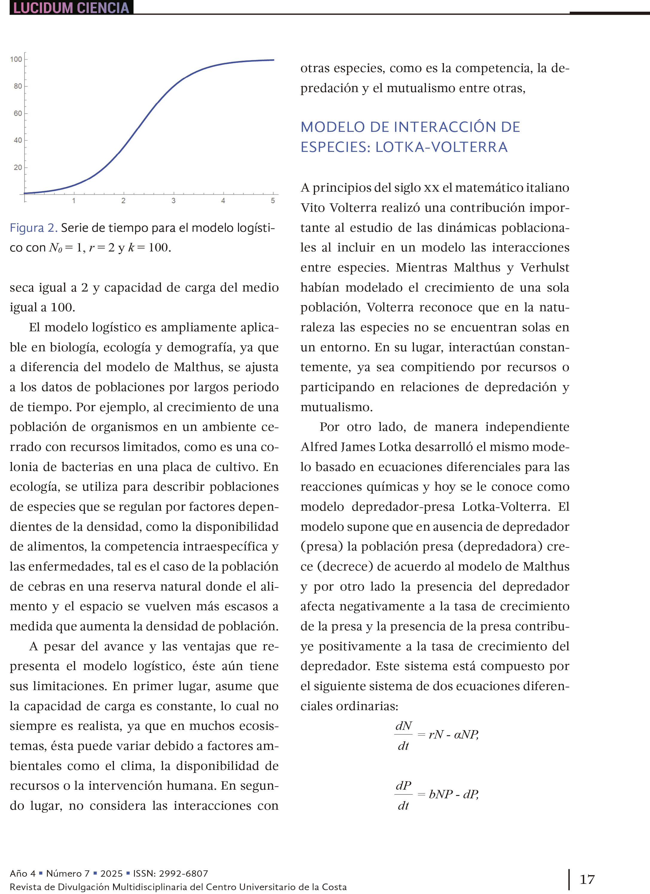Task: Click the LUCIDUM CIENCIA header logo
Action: tap(71, 7)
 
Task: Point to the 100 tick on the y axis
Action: tap(16, 59)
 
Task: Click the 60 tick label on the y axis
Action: tap(18, 113)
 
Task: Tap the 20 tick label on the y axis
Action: tap(18, 167)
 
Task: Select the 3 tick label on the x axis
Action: tap(173, 201)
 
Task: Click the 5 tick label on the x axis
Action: tap(273, 201)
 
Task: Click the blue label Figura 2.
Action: tap(34, 228)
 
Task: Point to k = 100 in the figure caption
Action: tap(149, 248)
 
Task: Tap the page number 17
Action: tap(587, 879)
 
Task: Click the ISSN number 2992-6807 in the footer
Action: tap(183, 873)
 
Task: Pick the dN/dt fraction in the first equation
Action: tap(404, 736)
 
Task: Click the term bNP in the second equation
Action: tap(441, 794)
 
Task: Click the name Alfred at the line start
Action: tap(318, 447)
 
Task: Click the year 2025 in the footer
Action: tap(111, 873)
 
